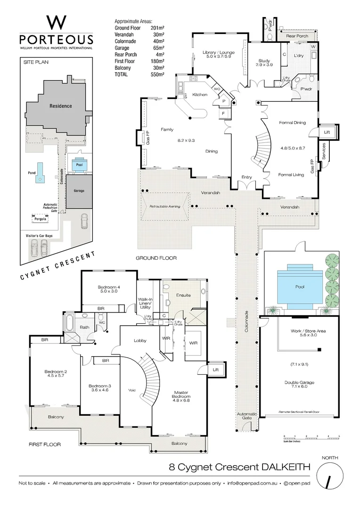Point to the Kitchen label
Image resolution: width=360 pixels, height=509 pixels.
[x=199, y=95]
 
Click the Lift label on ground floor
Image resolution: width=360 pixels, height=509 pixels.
[x=327, y=132]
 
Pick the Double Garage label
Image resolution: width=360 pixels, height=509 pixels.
[x=299, y=382]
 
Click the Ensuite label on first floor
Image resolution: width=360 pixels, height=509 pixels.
[x=183, y=296]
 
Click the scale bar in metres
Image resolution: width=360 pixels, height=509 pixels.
[x=311, y=436]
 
